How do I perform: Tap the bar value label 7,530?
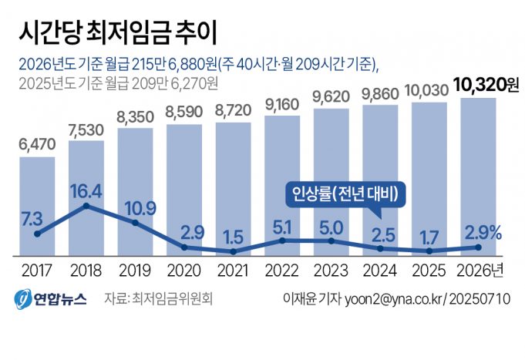click(x=86, y=128)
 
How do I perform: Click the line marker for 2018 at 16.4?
click(x=86, y=206)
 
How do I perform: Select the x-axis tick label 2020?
click(x=184, y=271)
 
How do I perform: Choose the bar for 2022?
click(x=282, y=185)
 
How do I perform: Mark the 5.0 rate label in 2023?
click(x=331, y=227)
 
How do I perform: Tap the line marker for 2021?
click(x=233, y=251)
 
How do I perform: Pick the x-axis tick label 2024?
click(x=381, y=271)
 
